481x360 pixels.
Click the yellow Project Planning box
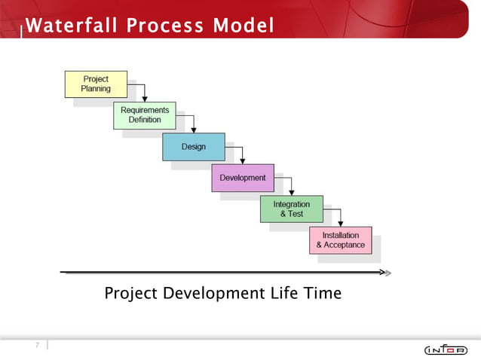[96, 84]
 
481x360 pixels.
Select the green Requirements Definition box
[145, 115]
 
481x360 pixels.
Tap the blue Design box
[194, 147]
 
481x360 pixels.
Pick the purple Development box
[243, 178]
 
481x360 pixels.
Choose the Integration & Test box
[291, 209]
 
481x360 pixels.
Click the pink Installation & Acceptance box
[340, 240]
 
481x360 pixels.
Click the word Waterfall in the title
[71, 26]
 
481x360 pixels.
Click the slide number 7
[35, 345]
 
